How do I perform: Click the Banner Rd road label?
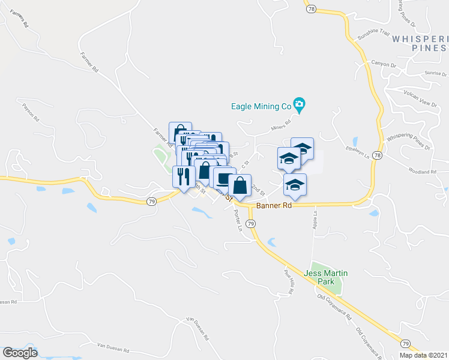pos(274,206)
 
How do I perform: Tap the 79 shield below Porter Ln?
pos(252,223)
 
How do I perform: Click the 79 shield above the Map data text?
pos(406,343)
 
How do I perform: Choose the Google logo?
pos(20,353)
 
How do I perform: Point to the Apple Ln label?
pos(315,220)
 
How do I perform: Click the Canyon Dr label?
pos(385,63)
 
